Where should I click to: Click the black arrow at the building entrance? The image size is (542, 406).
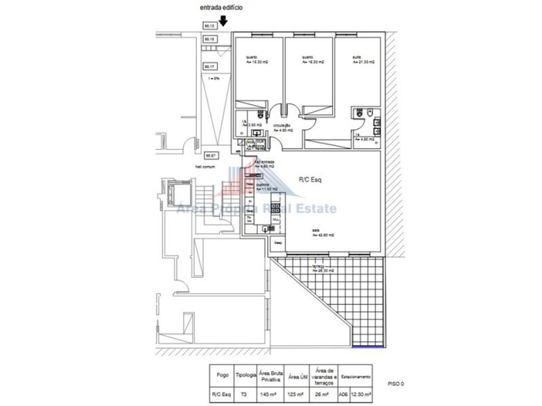pyautogui.click(x=223, y=21)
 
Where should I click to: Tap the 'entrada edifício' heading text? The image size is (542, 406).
pyautogui.click(x=222, y=8)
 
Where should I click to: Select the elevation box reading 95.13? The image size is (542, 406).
pyautogui.click(x=209, y=25)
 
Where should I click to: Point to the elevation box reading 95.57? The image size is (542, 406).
pyautogui.click(x=211, y=155)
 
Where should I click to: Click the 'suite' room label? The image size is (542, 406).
pyautogui.click(x=357, y=57)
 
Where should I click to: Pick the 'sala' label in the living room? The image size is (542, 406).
pyautogui.click(x=315, y=230)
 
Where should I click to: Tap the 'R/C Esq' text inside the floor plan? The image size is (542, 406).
pyautogui.click(x=310, y=180)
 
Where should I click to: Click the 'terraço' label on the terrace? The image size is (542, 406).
pyautogui.click(x=318, y=266)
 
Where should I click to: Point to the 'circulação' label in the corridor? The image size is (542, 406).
pyautogui.click(x=282, y=125)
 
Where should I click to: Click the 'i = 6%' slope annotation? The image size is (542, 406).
pyautogui.click(x=214, y=78)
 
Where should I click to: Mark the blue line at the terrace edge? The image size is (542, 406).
pyautogui.click(x=368, y=347)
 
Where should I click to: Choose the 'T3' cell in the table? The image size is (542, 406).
pyautogui.click(x=243, y=394)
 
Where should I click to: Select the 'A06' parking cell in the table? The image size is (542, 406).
pyautogui.click(x=344, y=394)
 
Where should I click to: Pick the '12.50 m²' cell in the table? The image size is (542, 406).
pyautogui.click(x=362, y=394)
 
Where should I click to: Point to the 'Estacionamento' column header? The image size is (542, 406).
pyautogui.click(x=355, y=376)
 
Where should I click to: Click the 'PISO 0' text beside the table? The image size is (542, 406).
pyautogui.click(x=395, y=384)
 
